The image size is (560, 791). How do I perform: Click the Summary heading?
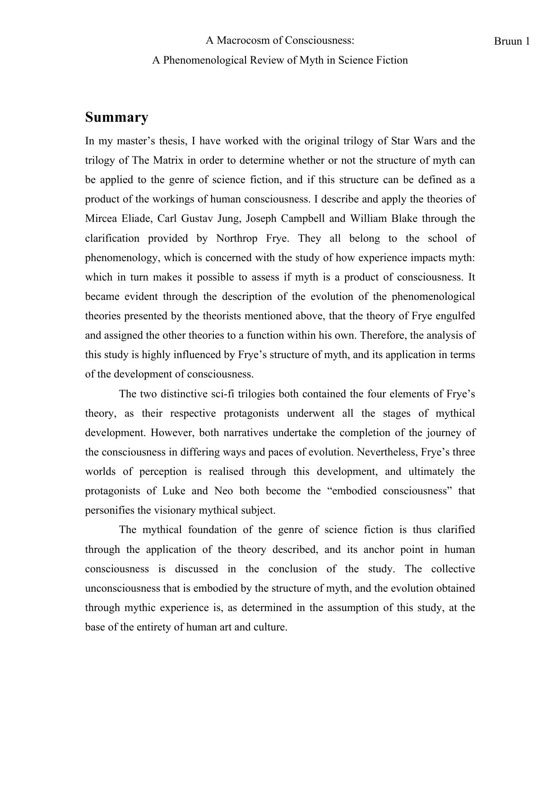point(116,118)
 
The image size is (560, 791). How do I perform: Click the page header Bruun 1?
point(511,41)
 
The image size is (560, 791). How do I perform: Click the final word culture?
point(270,627)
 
